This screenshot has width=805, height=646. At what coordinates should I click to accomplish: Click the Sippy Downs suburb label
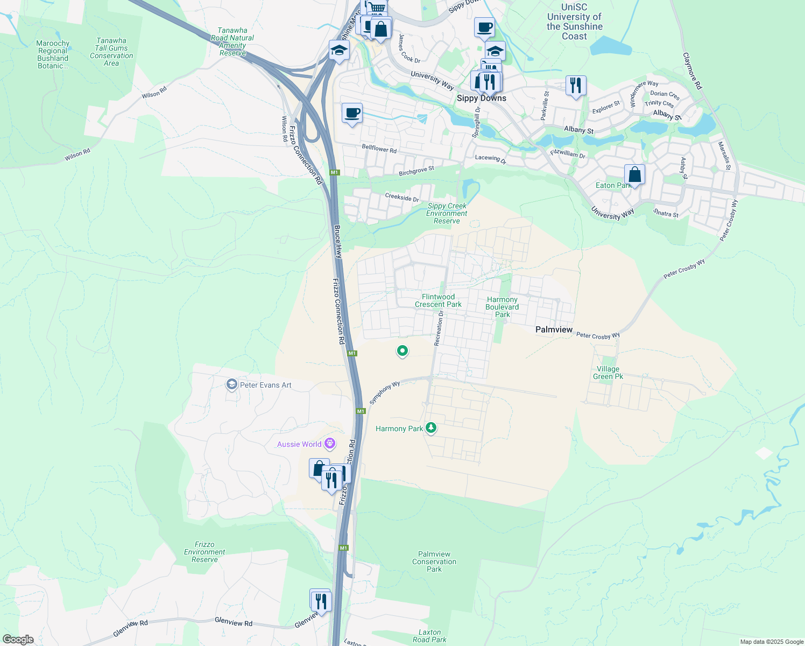pos(481,98)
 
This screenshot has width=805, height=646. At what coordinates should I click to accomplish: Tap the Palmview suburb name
pos(554,329)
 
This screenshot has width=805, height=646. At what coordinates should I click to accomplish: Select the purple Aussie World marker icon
pos(330,444)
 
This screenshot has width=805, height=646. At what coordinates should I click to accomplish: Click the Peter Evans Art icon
pos(232,384)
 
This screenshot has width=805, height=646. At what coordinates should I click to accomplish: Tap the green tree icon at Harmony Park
pos(430,428)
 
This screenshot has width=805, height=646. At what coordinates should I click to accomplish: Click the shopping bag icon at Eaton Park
pos(634,175)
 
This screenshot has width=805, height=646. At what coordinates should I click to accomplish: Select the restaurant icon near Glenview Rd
pos(321,601)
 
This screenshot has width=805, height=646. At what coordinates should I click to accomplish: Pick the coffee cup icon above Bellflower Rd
pos(352,114)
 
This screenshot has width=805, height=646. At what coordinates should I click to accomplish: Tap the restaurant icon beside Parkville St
pos(575,85)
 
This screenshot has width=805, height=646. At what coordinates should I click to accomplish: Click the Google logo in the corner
pos(18,640)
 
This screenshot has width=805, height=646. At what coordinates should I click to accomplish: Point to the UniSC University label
pos(574,22)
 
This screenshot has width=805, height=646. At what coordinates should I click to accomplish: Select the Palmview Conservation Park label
pos(434,561)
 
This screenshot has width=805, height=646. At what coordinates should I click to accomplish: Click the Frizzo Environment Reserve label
pos(204,552)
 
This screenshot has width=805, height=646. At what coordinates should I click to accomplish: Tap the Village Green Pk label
pos(608,373)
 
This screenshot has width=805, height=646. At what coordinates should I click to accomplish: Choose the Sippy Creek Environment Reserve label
pos(447,213)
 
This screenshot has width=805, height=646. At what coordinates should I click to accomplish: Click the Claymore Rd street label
pos(692,71)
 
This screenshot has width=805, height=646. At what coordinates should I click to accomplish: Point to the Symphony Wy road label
pos(385,392)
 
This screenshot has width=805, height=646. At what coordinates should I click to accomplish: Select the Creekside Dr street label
pos(402,198)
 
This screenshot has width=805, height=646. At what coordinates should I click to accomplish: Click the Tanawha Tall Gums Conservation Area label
pos(111,52)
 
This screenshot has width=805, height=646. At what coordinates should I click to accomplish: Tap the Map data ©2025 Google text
pos(771,642)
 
